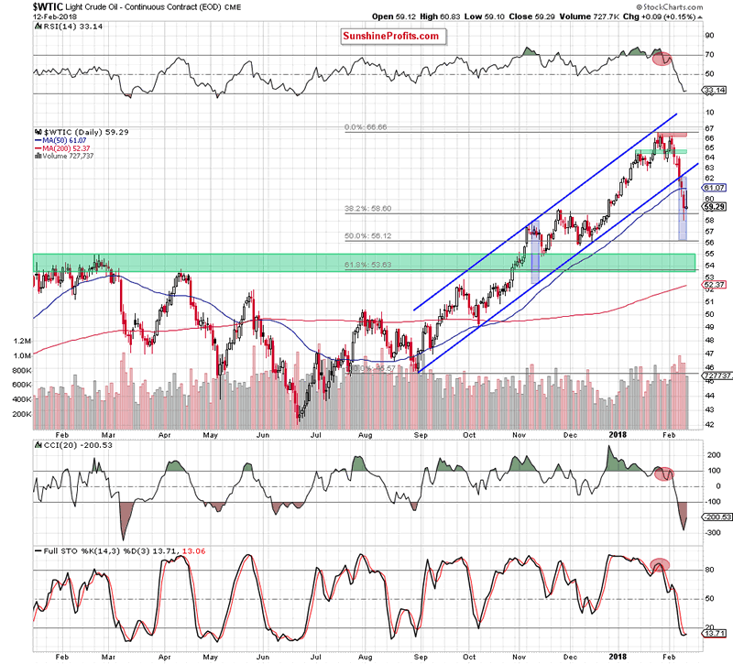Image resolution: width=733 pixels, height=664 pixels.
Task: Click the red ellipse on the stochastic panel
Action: click(659, 564)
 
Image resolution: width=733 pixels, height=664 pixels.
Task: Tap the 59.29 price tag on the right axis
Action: click(713, 206)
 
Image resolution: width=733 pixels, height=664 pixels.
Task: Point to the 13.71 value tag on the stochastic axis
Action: click(712, 632)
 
